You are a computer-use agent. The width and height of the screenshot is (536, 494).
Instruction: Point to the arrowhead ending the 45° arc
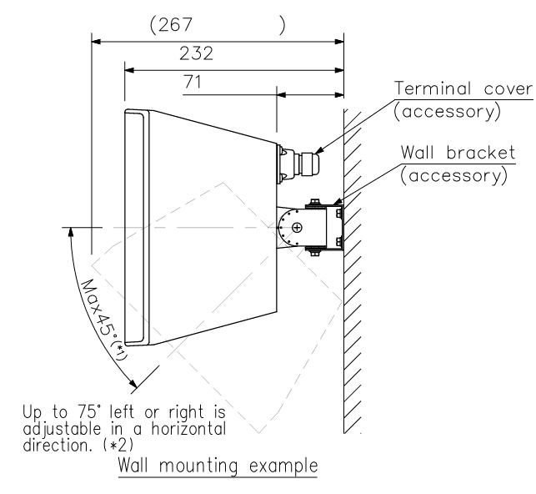[133, 385]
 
